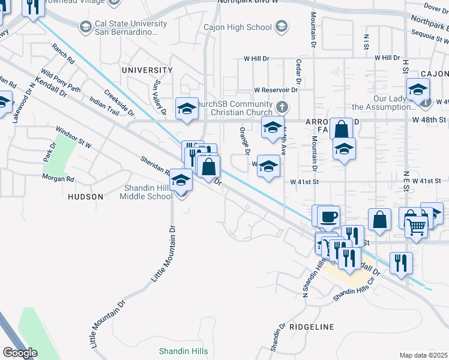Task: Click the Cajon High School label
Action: [238, 27]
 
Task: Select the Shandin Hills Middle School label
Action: [146, 192]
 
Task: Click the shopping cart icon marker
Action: [417, 226]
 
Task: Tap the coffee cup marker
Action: [328, 216]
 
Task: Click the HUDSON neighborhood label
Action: [85, 197]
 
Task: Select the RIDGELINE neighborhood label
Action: [311, 327]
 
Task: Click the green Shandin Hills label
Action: [184, 351]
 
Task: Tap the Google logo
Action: [19, 353]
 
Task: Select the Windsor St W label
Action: [73, 137]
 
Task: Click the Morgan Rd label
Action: [58, 178]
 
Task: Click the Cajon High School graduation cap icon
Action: [281, 27]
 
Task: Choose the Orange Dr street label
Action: [244, 141]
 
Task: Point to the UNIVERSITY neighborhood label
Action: [147, 70]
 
